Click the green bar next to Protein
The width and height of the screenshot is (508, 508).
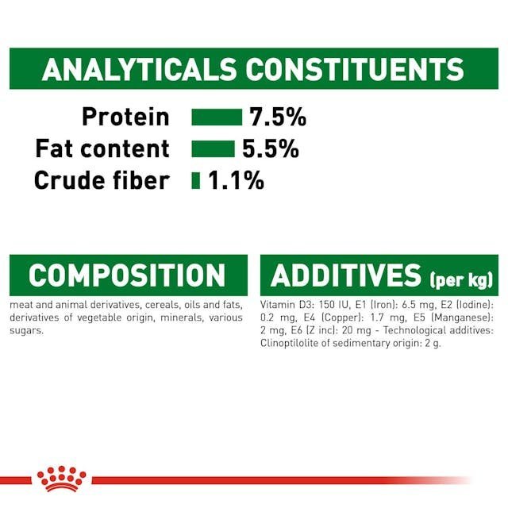217,117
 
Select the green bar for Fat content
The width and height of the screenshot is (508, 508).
214,148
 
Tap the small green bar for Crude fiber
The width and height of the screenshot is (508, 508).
196,180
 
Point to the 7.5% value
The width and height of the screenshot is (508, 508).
278,117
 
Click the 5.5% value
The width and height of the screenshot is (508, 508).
271,148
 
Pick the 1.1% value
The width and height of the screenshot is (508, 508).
237,180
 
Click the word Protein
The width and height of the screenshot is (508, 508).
125,117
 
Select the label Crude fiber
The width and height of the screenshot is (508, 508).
102,180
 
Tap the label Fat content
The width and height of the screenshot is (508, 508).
102,148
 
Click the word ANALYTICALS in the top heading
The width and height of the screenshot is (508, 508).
140,69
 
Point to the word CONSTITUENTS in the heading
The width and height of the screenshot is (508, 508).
355,69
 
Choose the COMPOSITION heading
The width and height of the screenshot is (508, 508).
127,275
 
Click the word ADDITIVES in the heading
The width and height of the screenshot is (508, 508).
346,275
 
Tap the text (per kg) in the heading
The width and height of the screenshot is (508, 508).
461,280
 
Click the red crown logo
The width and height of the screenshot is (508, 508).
62,479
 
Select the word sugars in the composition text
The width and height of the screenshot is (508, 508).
26,331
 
